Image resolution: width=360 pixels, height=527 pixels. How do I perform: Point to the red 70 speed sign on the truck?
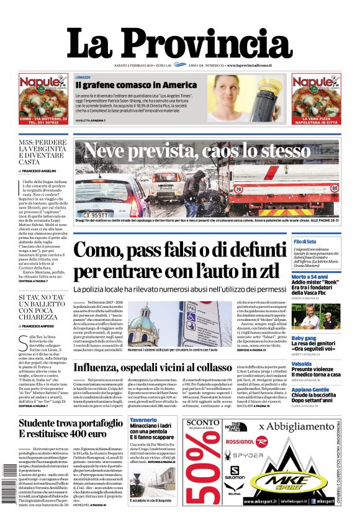pos(238,189)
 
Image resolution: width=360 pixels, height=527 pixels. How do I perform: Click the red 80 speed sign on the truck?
pos(335,185)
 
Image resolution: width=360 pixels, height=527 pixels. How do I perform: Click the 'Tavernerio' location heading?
pos(143,420)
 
